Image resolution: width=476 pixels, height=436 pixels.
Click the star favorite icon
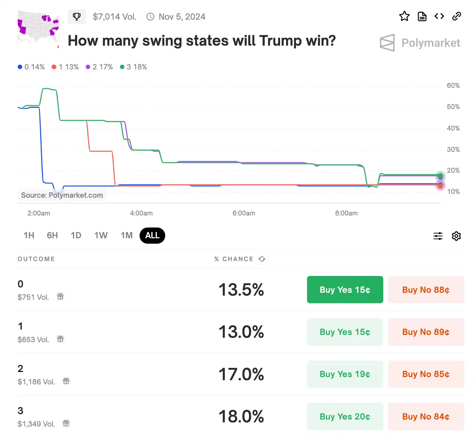pyautogui.click(x=404, y=16)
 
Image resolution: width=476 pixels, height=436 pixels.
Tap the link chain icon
pyautogui.click(x=456, y=16)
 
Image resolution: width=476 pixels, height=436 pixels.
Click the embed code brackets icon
pyautogui.click(x=439, y=16)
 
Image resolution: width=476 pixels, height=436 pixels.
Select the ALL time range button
pyautogui.click(x=152, y=235)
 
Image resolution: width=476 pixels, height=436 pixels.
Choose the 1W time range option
pyautogui.click(x=101, y=235)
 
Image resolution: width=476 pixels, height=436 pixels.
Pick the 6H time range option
pyautogui.click(x=52, y=235)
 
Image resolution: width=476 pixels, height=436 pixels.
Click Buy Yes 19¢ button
pyautogui.click(x=345, y=374)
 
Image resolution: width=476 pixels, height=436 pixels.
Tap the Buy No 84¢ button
pyautogui.click(x=426, y=416)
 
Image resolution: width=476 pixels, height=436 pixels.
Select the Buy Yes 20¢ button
pyautogui.click(x=345, y=416)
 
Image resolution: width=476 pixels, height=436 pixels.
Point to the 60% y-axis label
pyautogui.click(x=453, y=86)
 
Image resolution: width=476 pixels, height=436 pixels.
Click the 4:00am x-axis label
pyautogui.click(x=141, y=213)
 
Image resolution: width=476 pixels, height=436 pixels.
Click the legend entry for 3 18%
pyautogui.click(x=134, y=67)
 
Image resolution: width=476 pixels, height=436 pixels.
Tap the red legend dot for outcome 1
pyautogui.click(x=54, y=67)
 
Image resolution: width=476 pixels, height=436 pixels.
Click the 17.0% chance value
pyautogui.click(x=241, y=374)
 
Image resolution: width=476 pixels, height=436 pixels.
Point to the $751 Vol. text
pyautogui.click(x=33, y=297)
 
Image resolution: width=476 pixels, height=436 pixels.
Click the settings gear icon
pyautogui.click(x=456, y=236)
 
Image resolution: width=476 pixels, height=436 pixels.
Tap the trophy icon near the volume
pyautogui.click(x=77, y=16)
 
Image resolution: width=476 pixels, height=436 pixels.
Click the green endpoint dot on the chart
pyautogui.click(x=440, y=176)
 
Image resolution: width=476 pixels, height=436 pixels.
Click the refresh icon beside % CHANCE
pyautogui.click(x=262, y=259)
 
